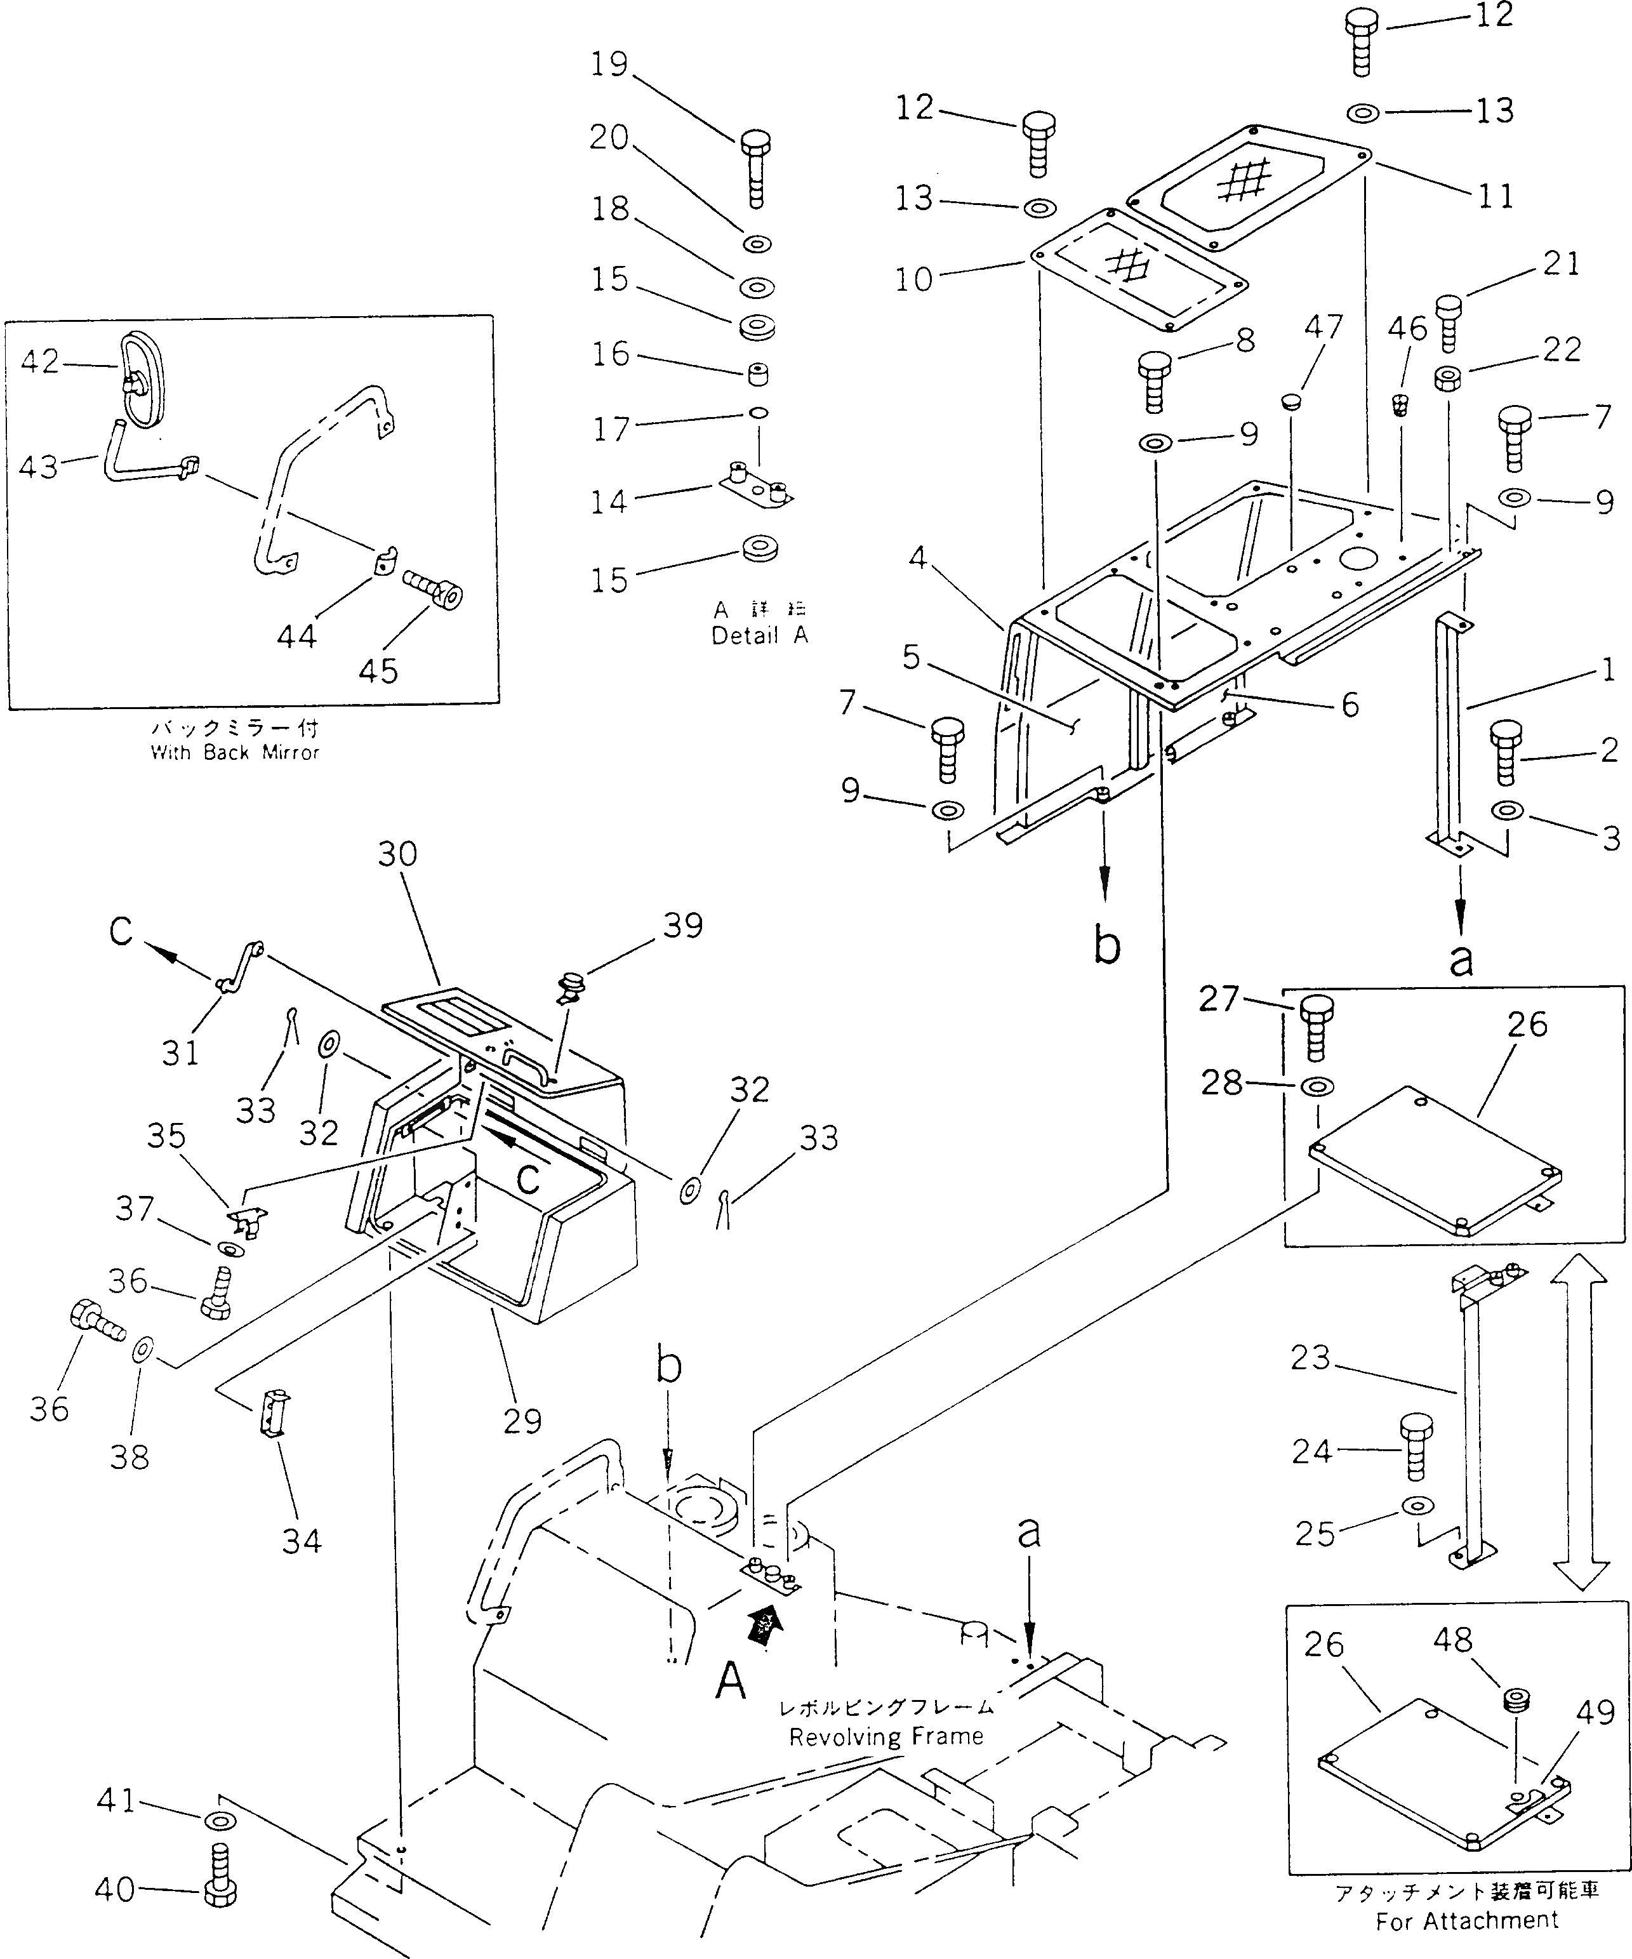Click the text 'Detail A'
[759, 635]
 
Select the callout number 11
[1495, 197]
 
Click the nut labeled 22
[1447, 379]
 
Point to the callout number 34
[302, 1540]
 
